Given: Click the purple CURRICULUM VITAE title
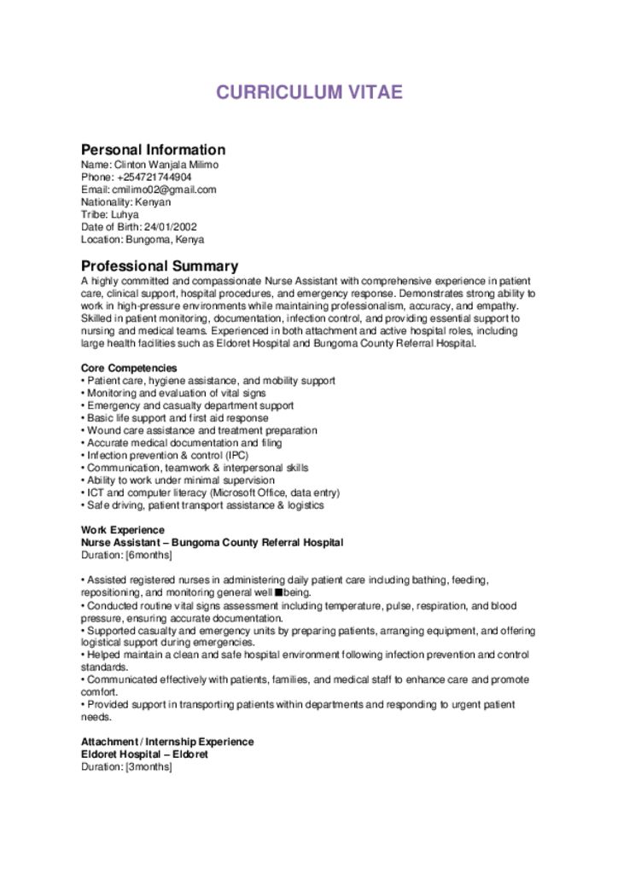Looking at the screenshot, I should click(308, 93).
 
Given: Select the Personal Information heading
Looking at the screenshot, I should click(153, 149).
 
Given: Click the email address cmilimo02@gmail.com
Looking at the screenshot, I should click(164, 189).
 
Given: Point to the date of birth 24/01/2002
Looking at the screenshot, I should click(171, 227).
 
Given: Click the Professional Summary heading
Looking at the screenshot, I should click(159, 266).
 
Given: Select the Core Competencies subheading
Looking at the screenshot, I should click(129, 368).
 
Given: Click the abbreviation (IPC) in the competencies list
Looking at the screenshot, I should click(213, 456).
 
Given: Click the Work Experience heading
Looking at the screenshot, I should click(122, 530).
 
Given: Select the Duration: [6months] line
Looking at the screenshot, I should click(125, 555).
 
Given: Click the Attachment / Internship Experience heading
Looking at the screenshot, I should click(167, 742).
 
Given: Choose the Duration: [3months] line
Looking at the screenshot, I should click(125, 766).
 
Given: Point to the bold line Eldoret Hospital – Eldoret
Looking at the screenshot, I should click(144, 755).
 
